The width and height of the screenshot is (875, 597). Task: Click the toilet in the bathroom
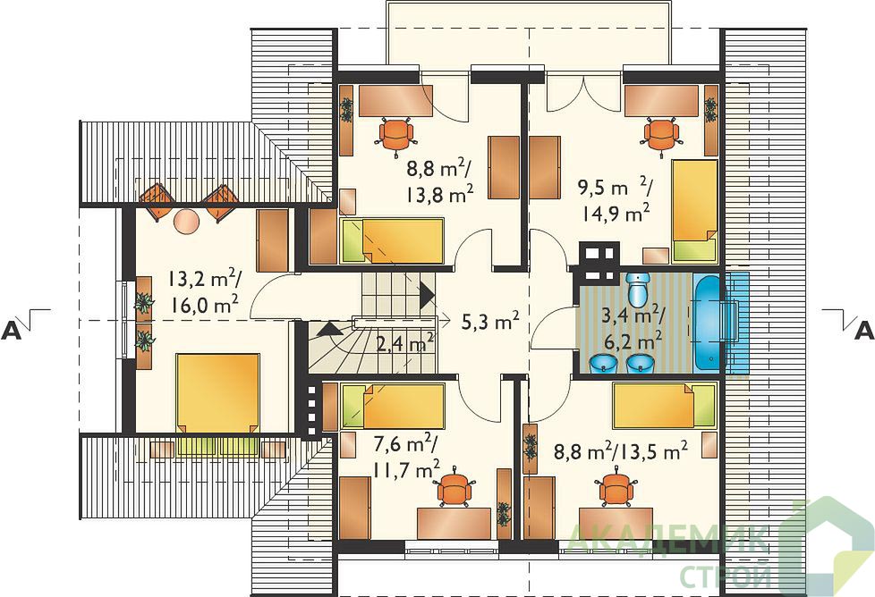[636, 288]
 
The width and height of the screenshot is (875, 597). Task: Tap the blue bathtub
[709, 322]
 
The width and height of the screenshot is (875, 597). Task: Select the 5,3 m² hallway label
[490, 321]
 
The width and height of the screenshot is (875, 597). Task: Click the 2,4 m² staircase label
[405, 343]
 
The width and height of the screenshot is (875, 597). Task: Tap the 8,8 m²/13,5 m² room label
[620, 451]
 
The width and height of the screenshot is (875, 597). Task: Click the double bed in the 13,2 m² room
[217, 392]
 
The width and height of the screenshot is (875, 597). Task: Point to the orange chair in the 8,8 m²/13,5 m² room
[616, 488]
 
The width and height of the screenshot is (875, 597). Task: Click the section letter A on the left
[12, 331]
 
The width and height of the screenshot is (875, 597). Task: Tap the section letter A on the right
[864, 331]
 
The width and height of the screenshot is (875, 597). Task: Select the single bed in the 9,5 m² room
[694, 211]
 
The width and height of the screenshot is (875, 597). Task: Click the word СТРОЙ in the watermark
[727, 576]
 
